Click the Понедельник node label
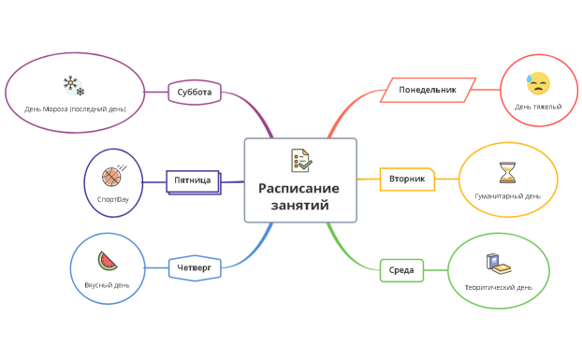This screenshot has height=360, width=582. (x=428, y=90)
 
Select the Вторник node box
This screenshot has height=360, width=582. (x=406, y=179)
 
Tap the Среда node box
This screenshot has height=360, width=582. (x=401, y=270)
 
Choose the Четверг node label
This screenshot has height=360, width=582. (x=194, y=268)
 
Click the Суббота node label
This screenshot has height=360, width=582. (x=195, y=92)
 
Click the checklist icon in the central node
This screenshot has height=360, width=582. (x=300, y=160)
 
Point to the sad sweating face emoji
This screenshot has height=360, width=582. (x=537, y=84)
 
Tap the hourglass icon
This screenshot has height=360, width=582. (x=507, y=173)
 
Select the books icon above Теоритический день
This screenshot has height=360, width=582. (x=493, y=264)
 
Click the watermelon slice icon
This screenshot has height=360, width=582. (x=108, y=261)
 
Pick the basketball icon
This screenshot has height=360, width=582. (x=112, y=175)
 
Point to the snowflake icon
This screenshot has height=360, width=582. (x=73, y=87)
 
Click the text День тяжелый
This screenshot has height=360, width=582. (x=537, y=107)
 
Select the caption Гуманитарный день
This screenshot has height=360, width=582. (x=507, y=196)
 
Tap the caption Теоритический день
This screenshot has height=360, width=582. (x=498, y=287)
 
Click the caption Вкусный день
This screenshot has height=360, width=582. (x=108, y=284)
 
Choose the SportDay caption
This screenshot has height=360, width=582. (x=112, y=198)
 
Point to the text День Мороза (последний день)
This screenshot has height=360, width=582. (x=74, y=109)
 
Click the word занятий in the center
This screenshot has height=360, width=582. (x=299, y=205)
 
